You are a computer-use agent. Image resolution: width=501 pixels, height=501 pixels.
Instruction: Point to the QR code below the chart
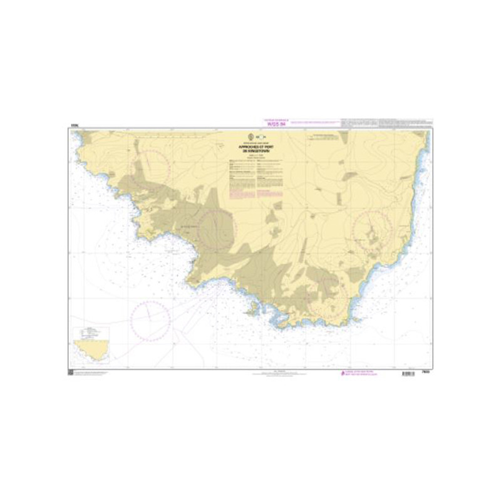click(71, 374)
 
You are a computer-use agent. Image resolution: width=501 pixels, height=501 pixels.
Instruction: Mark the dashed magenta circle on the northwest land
click(150, 168)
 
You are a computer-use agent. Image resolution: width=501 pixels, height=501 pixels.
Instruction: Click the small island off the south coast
click(252, 307)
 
